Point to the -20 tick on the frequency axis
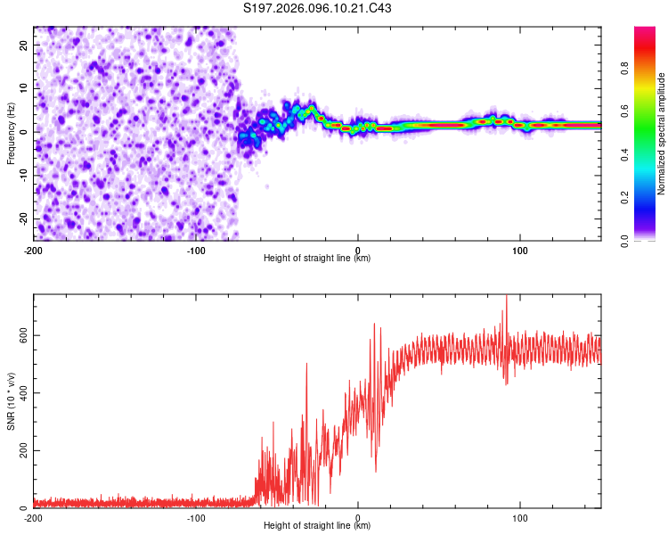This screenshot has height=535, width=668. click(22, 218)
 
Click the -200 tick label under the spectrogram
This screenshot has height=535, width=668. click(34, 250)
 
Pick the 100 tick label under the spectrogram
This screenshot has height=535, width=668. click(521, 250)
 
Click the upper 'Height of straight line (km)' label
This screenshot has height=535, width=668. click(317, 258)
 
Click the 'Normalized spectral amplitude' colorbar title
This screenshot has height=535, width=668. click(662, 134)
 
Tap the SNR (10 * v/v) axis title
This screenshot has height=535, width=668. click(11, 401)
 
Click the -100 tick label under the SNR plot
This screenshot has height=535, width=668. click(196, 517)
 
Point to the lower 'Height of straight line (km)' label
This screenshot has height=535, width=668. click(317, 525)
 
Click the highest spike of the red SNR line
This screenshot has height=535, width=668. click(507, 296)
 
